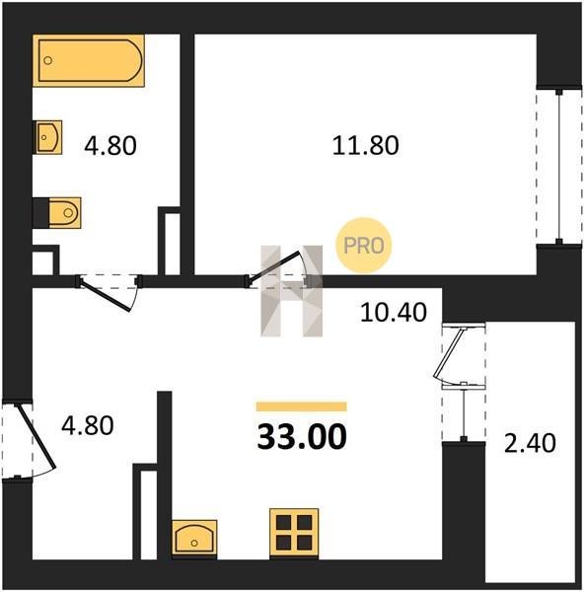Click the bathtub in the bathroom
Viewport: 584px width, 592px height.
click(89, 60)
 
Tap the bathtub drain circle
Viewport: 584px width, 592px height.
click(48, 60)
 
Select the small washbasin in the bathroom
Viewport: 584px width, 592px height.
click(47, 137)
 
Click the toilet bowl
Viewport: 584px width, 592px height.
click(64, 213)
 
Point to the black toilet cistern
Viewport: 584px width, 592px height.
click(40, 213)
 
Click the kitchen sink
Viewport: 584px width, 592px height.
click(194, 538)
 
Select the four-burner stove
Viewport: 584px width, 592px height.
click(294, 533)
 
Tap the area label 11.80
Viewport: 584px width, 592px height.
click(365, 146)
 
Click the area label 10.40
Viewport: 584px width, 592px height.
click(394, 313)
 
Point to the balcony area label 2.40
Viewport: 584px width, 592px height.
click(530, 443)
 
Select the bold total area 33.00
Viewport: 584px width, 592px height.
click(302, 437)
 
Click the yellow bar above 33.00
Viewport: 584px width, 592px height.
click(302, 407)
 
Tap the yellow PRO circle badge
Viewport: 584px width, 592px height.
click(364, 246)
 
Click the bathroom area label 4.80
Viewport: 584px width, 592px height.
click(110, 146)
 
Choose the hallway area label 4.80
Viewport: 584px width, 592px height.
click(88, 425)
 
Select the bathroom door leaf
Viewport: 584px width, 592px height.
click(106, 297)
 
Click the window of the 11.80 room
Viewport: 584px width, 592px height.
click(559, 167)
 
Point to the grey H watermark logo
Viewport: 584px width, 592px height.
click(291, 291)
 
